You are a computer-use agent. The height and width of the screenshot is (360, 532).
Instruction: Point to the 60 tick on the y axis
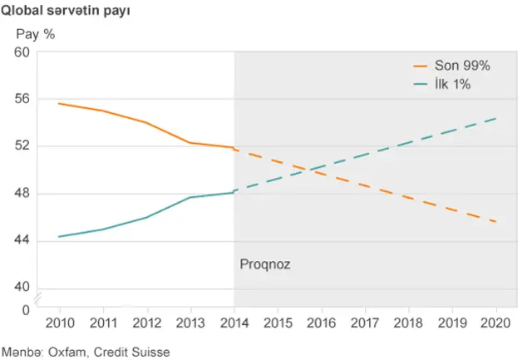22,52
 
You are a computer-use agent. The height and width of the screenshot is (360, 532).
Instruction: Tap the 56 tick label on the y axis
22,99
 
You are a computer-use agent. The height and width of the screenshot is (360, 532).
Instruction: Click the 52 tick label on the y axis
22,146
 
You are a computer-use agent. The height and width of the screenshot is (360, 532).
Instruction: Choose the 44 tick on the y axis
22,241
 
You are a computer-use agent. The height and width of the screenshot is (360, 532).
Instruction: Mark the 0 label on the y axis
26,310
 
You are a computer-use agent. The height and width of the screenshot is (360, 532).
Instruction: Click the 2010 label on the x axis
59,323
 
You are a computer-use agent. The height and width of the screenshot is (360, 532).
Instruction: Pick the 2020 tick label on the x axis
496,323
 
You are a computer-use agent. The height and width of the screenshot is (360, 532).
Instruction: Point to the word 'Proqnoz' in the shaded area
265,264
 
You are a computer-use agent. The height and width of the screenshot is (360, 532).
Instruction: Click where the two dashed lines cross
310,170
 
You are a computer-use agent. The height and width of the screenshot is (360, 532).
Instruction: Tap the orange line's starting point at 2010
59,104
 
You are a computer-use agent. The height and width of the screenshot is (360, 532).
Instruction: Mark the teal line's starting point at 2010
59,236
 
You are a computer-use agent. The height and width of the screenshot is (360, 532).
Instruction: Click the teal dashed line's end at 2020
496,118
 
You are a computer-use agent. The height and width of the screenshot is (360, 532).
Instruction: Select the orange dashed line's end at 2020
496,222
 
